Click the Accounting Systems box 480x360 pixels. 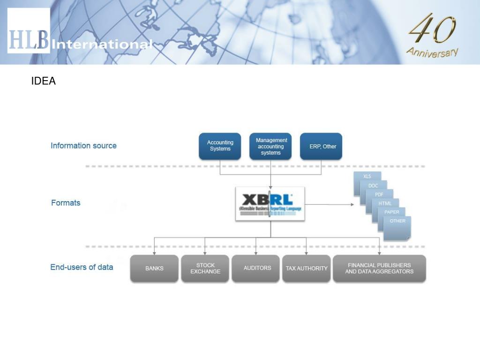click(220, 146)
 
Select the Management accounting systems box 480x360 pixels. click(270, 146)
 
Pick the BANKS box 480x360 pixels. click(154, 269)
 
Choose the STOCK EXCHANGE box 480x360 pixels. click(205, 269)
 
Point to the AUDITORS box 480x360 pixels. click(257, 268)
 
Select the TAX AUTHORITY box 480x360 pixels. click(307, 269)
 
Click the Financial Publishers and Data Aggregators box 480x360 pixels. click(379, 269)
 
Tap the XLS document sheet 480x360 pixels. click(367, 176)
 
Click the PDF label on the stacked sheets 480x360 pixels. click(379, 194)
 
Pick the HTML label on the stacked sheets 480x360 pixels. click(385, 203)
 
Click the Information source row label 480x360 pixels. click(83, 146)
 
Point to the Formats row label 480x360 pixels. click(66, 203)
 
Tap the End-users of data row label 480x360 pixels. click(82, 267)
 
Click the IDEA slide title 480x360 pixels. click(44, 81)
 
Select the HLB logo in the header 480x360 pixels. click(29, 31)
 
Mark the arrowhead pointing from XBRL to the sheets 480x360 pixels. click(352, 204)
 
